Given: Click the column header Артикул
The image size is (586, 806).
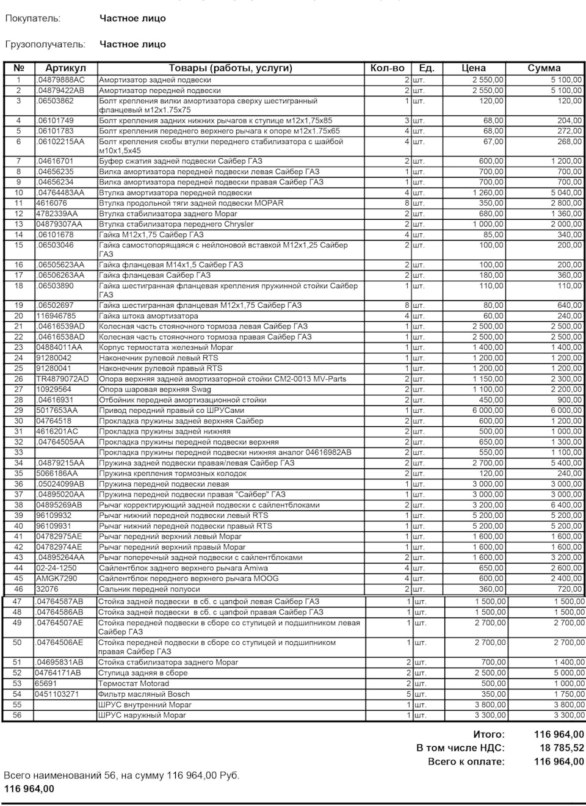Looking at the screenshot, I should [x=65, y=68].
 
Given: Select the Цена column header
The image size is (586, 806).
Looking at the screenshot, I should [x=474, y=68].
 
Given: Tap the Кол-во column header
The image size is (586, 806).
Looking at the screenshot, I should [x=387, y=68].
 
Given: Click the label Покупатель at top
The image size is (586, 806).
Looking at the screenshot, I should [x=33, y=18].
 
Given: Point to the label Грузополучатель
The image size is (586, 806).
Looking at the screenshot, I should [x=45, y=44].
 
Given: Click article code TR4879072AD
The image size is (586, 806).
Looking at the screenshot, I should [x=62, y=379].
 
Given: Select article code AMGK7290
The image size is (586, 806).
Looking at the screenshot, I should [x=57, y=578].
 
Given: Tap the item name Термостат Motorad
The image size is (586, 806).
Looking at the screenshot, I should [x=134, y=684].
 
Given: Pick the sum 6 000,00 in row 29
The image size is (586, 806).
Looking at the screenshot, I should [x=566, y=410].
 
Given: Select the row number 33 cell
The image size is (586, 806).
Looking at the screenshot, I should [x=18, y=452].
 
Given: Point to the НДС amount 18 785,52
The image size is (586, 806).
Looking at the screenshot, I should [x=562, y=748].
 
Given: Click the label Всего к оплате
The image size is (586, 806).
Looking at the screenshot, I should [x=466, y=762].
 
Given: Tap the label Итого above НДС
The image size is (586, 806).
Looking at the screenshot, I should [x=489, y=735].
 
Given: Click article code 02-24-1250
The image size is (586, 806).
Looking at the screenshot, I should [x=57, y=568].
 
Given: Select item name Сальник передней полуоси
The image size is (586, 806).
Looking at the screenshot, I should [x=150, y=589].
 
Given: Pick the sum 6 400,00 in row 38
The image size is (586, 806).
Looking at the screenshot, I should [x=566, y=505].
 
